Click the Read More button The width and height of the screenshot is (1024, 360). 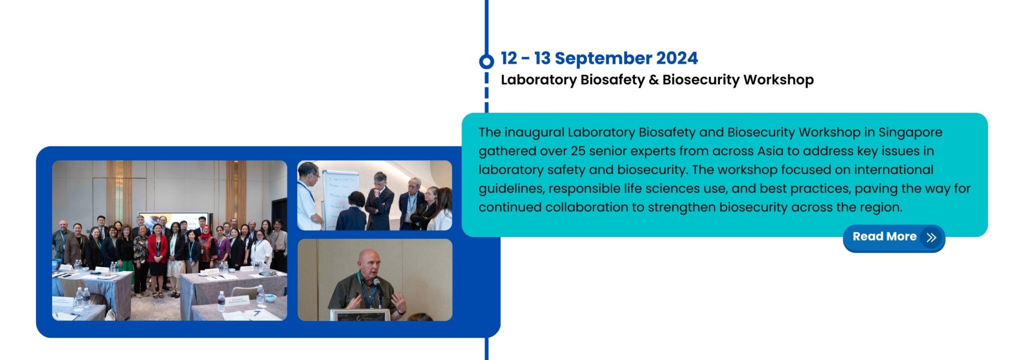pyautogui.click(x=893, y=237)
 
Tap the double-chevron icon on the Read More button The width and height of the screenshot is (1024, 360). pyautogui.click(x=931, y=237)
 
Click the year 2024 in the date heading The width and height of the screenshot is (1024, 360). pyautogui.click(x=676, y=58)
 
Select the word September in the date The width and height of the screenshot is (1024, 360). pyautogui.click(x=603, y=58)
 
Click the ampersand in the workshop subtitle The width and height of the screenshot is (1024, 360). pyautogui.click(x=653, y=80)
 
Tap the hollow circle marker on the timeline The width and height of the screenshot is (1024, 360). pyautogui.click(x=486, y=61)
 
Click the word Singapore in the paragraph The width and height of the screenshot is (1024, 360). pyautogui.click(x=910, y=132)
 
